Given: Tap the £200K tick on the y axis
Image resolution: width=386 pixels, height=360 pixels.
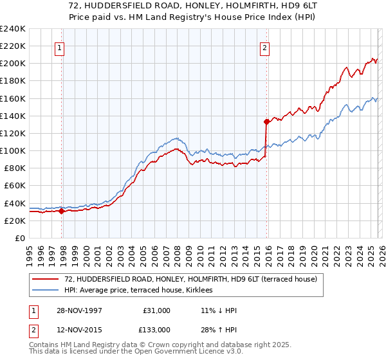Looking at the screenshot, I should coord(12,64).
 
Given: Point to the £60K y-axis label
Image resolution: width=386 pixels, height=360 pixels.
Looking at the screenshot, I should coord(15,186).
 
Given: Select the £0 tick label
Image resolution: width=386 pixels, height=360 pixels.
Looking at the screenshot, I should coord(20,238).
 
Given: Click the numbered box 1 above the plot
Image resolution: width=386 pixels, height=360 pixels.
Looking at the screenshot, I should coord(59,47).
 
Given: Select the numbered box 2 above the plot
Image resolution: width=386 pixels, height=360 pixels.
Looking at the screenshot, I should coord(264,47).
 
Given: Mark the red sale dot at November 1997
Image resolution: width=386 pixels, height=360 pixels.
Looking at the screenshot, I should coord(62,211).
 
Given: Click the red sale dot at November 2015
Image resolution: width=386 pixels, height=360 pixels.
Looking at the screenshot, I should coord(265,122).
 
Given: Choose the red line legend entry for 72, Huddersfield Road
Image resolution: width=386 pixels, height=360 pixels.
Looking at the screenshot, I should coord(190,279).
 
